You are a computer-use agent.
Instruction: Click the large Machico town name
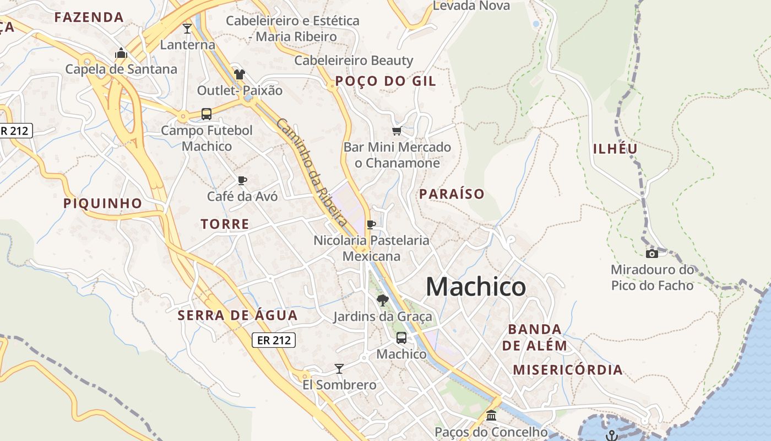(x=476, y=287)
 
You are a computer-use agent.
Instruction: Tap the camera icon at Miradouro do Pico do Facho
(x=651, y=254)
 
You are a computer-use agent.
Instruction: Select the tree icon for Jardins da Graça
(x=382, y=300)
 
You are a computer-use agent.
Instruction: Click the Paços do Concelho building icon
(x=491, y=415)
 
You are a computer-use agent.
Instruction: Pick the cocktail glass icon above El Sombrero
(x=339, y=368)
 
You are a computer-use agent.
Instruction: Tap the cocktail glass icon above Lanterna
(x=187, y=28)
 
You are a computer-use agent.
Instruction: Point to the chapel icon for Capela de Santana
(x=121, y=53)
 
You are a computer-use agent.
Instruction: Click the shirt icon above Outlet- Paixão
(x=239, y=74)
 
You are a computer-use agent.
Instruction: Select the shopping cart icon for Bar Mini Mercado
(x=397, y=131)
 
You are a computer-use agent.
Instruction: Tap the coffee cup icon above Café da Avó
(x=242, y=180)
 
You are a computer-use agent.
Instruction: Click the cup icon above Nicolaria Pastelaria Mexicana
(x=371, y=224)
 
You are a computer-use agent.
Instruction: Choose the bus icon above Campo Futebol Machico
(x=207, y=114)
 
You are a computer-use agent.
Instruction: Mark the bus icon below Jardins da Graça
(x=401, y=337)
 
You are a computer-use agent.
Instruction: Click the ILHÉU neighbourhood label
(x=615, y=149)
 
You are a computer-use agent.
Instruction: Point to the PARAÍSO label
(x=452, y=194)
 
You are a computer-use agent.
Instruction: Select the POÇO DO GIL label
(x=385, y=81)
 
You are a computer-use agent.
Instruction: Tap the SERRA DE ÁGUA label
(x=237, y=315)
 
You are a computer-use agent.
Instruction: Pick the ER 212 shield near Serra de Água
(x=274, y=340)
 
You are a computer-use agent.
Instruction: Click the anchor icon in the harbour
(x=612, y=435)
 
